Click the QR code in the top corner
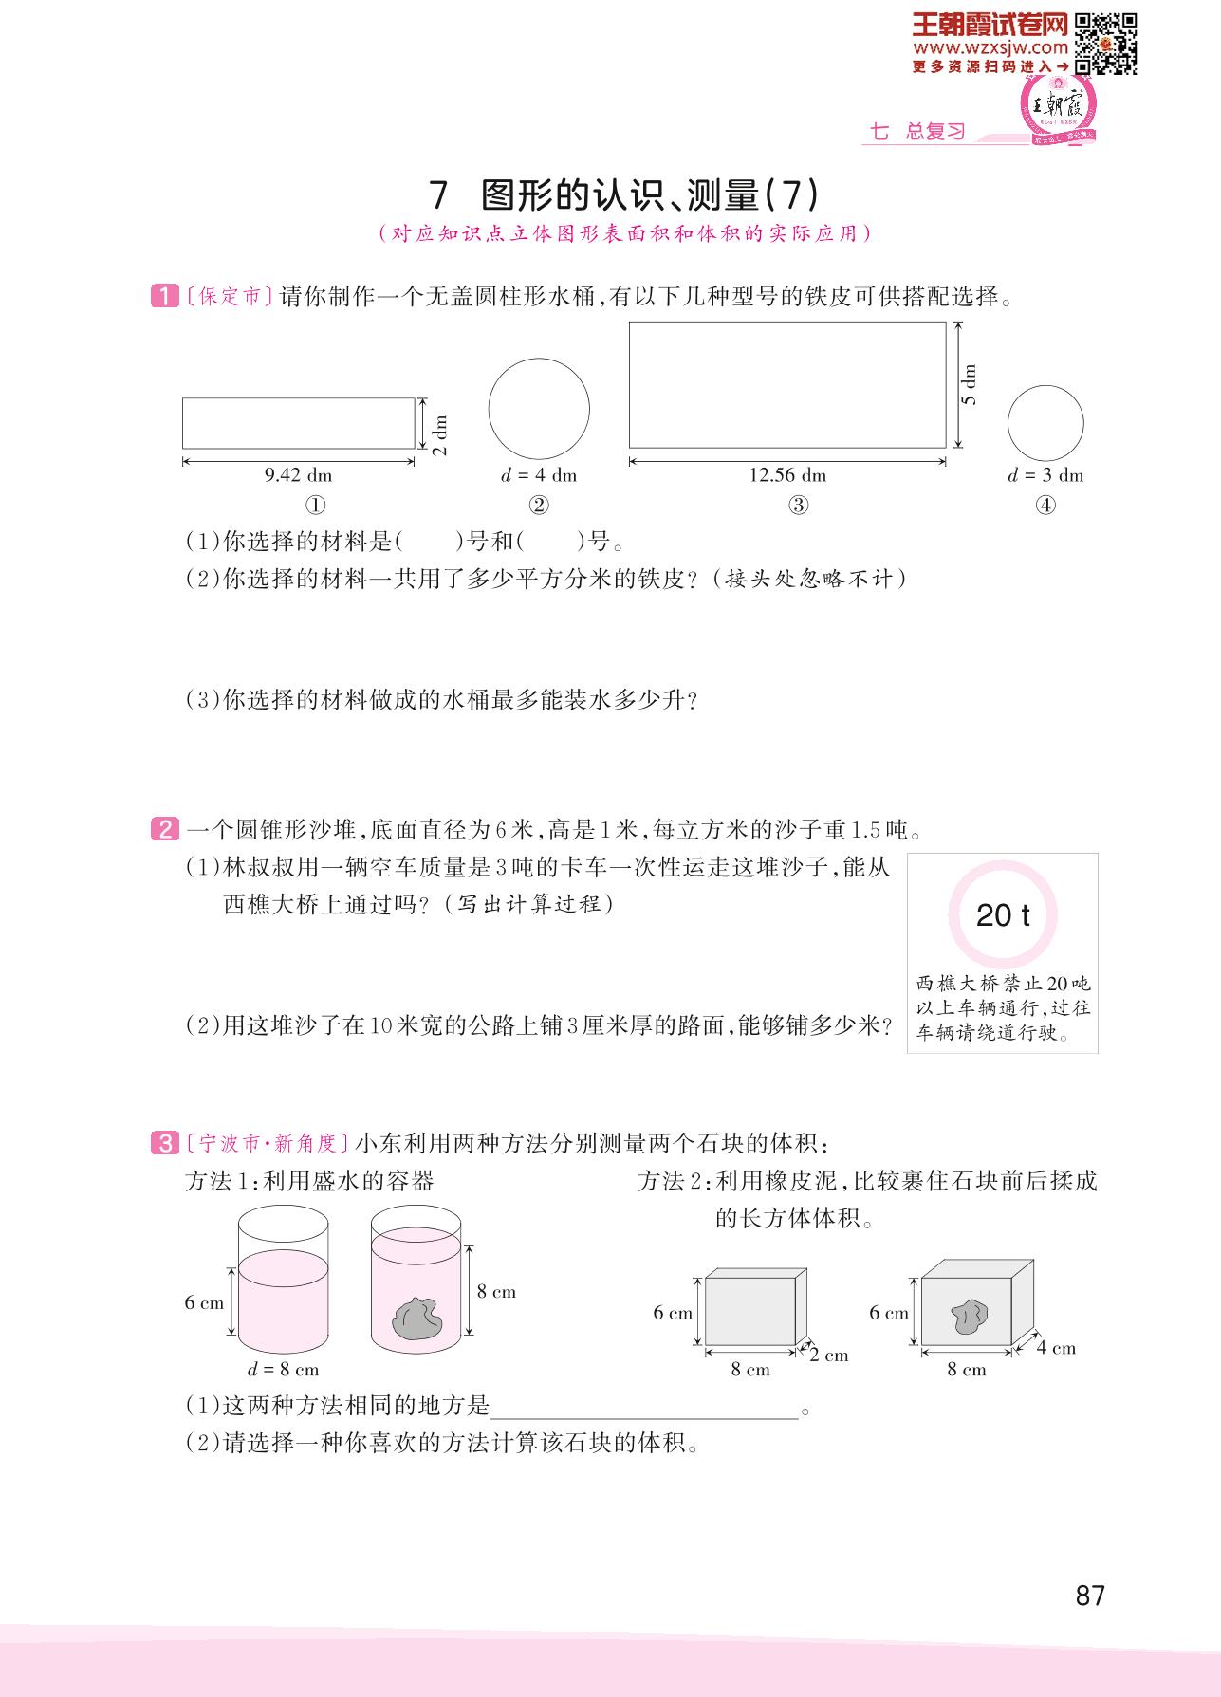click(1107, 42)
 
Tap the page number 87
click(1090, 1596)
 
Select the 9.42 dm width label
click(298, 475)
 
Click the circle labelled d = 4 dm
click(539, 409)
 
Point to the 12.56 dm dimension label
click(787, 475)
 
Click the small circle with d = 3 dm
click(1045, 424)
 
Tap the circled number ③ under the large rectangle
click(799, 506)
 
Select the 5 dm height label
click(969, 385)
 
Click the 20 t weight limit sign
click(1003, 914)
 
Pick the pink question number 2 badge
click(163, 830)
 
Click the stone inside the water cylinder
click(415, 1317)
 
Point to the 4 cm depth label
click(1056, 1348)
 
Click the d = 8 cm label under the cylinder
click(283, 1370)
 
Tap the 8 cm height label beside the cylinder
click(496, 1291)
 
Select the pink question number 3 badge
click(163, 1143)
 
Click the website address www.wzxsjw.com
click(990, 47)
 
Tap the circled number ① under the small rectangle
click(317, 506)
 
